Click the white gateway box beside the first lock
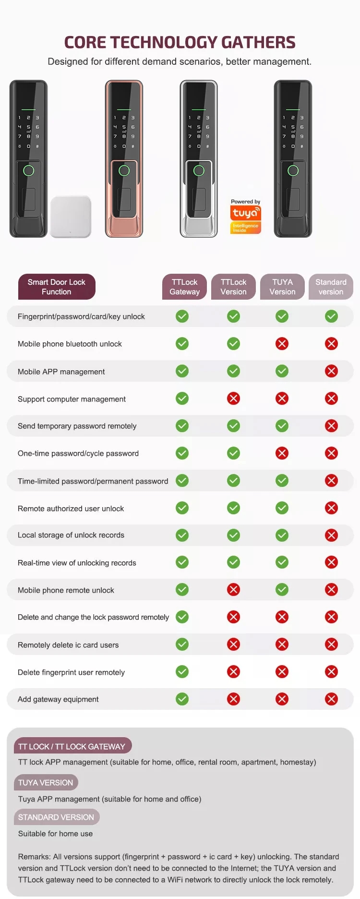click(71, 217)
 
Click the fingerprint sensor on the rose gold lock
click(124, 170)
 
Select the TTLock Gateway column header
click(184, 287)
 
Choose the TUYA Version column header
click(282, 287)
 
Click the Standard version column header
click(331, 287)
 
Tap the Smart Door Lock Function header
click(57, 287)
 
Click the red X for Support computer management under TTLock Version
click(233, 399)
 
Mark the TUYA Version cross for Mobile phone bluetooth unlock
click(282, 344)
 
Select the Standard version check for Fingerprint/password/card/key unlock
click(331, 316)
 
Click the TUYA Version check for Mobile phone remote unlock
click(282, 590)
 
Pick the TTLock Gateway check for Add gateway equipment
click(182, 699)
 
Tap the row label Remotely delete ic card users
click(68, 645)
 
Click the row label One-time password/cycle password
click(78, 453)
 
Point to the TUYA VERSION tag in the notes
click(46, 783)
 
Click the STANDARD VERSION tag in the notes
click(56, 817)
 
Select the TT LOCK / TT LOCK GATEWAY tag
click(72, 747)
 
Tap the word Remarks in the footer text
click(34, 857)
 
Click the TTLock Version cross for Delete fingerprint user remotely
click(233, 672)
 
